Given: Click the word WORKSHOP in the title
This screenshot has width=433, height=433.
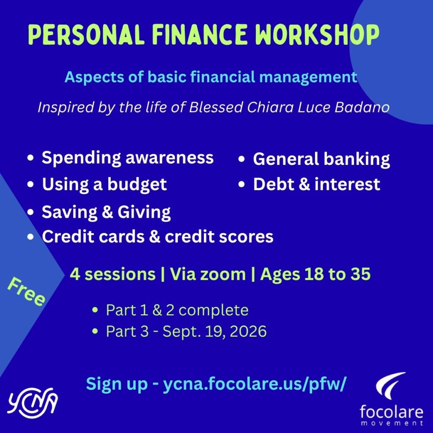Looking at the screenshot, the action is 317,35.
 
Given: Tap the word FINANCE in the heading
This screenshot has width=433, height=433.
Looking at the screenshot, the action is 200,35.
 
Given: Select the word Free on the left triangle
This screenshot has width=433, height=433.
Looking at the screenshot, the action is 26,292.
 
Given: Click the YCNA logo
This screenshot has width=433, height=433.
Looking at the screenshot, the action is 33,403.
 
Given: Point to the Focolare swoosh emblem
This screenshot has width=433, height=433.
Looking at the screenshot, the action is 390,385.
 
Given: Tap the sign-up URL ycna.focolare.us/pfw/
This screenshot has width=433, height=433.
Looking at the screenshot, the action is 254,384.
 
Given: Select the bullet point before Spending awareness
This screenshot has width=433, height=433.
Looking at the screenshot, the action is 30,158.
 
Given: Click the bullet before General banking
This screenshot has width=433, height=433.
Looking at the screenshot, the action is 241,159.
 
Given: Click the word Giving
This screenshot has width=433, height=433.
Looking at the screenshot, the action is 144,212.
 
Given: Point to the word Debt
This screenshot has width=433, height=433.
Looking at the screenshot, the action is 274,184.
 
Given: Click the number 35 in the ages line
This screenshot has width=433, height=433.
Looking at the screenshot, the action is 361,274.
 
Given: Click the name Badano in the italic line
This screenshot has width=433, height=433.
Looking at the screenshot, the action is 362,107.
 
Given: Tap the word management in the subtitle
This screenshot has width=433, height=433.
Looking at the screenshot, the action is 308,77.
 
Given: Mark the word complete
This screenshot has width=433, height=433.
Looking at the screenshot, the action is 214,310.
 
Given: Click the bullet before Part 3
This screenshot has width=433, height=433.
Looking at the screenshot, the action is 95,331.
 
